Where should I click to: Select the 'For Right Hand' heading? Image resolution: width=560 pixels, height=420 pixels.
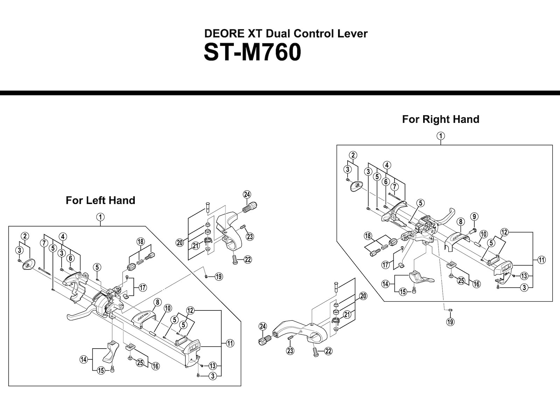(440, 119)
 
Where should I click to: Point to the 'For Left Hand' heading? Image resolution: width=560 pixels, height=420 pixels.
(100, 201)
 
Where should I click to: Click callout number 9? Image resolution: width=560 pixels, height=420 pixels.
(474, 216)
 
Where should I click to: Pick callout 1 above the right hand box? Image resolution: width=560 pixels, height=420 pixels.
(441, 136)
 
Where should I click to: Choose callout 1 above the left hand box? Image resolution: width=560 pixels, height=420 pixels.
(100, 217)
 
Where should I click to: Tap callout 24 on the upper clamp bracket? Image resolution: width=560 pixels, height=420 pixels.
(247, 195)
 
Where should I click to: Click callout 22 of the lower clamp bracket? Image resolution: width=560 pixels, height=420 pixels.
(328, 351)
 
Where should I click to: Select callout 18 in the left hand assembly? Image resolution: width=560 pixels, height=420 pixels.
(141, 241)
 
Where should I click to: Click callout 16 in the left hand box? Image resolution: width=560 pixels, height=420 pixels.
(155, 366)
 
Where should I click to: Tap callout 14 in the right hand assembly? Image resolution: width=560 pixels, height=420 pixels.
(385, 284)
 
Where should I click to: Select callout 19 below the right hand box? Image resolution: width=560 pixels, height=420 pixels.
(450, 322)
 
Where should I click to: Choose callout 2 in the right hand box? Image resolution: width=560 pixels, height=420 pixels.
(353, 155)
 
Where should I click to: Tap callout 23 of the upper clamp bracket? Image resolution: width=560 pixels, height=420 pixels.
(250, 237)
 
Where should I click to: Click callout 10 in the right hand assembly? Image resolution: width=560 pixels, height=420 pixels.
(484, 234)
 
